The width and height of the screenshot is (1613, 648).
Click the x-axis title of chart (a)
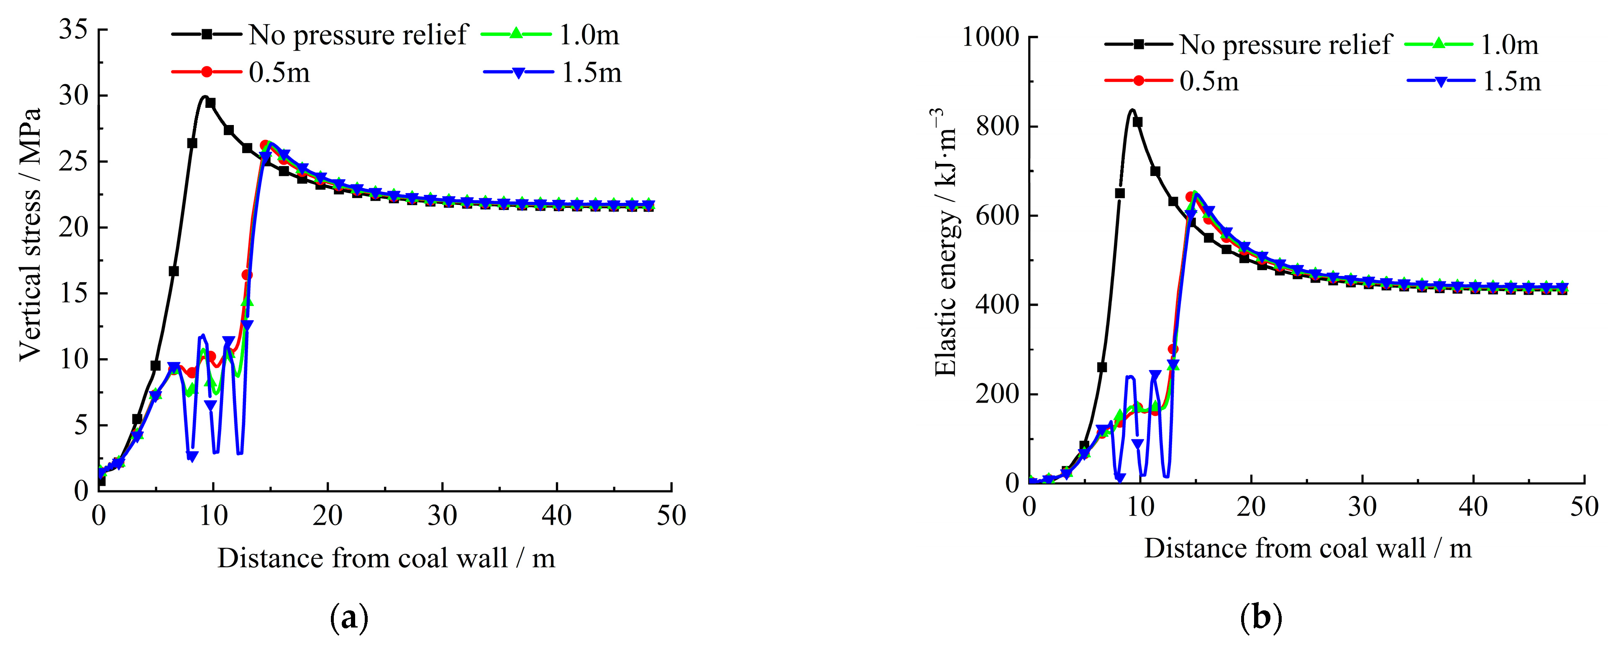pyautogui.click(x=386, y=558)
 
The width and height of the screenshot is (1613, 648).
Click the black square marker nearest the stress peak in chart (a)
pyautogui.click(x=210, y=103)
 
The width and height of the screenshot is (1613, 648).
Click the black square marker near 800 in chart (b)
pyautogui.click(x=1137, y=122)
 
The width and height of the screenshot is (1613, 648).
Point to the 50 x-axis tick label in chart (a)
pyautogui.click(x=671, y=516)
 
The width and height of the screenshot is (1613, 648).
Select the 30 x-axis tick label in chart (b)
pyautogui.click(x=1362, y=507)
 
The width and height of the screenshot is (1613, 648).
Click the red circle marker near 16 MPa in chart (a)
pyautogui.click(x=247, y=275)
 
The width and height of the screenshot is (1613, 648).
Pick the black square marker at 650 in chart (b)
pyautogui.click(x=1119, y=194)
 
